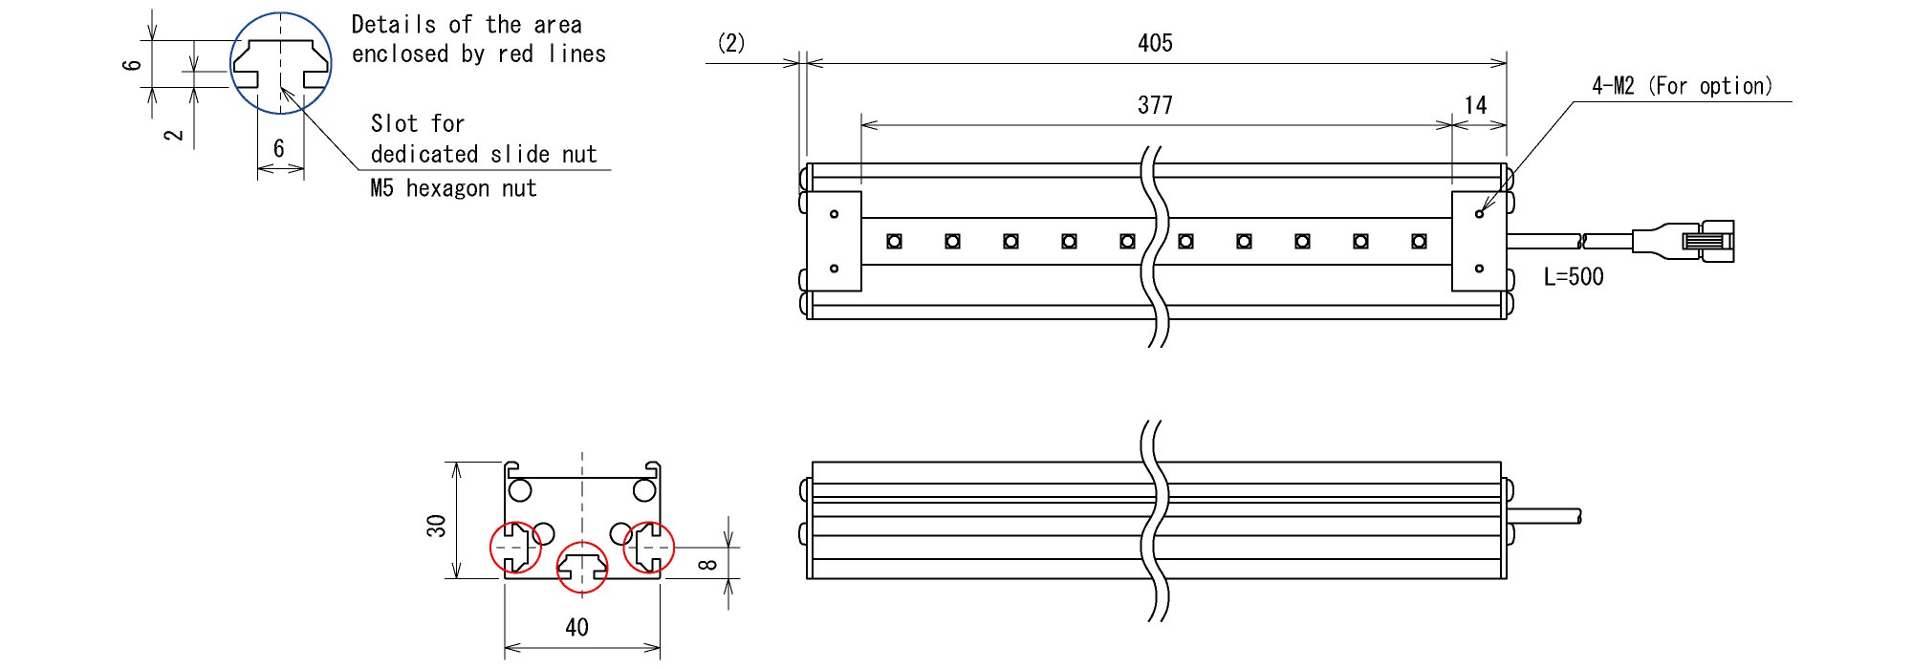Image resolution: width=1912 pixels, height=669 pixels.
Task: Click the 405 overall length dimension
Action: (x=1155, y=43)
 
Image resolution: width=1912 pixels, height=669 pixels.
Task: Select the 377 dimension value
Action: (x=1155, y=105)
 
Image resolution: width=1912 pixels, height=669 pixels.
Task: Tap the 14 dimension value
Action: (x=1476, y=105)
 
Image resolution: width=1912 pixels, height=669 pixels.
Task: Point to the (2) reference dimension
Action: (x=731, y=43)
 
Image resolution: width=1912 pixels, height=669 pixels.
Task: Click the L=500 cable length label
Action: (x=1574, y=277)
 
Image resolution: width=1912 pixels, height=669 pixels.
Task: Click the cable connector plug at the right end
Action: (x=1684, y=239)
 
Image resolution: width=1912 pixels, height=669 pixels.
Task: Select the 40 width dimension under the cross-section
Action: (x=576, y=628)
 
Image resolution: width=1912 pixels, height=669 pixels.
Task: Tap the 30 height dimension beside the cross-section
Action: (x=436, y=526)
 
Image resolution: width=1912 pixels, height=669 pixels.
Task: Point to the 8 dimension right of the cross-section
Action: (x=707, y=564)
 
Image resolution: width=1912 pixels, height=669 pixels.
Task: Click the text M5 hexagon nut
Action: (x=453, y=188)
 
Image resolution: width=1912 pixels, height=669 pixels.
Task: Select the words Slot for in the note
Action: (x=418, y=124)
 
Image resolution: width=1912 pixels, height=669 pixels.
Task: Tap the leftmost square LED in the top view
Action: (x=894, y=241)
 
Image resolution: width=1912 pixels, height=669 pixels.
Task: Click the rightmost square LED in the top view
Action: (x=1419, y=241)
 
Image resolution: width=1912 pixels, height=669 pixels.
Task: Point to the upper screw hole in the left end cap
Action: (x=834, y=214)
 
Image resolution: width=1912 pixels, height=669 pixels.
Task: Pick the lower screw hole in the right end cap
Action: (x=1479, y=269)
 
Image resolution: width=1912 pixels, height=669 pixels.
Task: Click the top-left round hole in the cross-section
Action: (x=520, y=491)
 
